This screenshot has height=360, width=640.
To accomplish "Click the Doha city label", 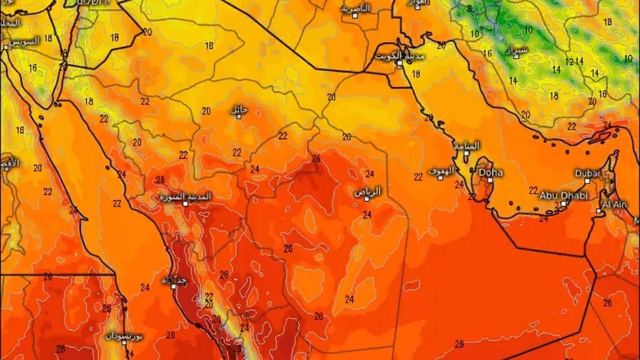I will pyautogui.click(x=491, y=172).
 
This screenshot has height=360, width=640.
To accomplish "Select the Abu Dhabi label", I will pyautogui.click(x=563, y=195).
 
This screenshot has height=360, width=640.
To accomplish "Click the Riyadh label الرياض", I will pyautogui.click(x=368, y=191).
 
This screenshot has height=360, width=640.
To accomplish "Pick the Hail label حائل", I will pyautogui.click(x=239, y=109).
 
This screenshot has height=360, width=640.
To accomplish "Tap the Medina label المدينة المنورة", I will pyautogui.click(x=185, y=196).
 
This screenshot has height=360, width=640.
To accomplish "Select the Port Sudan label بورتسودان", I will pyautogui.click(x=124, y=336).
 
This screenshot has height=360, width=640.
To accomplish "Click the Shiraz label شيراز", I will pyautogui.click(x=516, y=49).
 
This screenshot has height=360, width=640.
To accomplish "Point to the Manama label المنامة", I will pyautogui.click(x=467, y=145).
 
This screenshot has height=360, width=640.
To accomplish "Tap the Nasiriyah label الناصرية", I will pyautogui.click(x=355, y=8).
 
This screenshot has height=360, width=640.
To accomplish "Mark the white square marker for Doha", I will pyautogui.click(x=490, y=180).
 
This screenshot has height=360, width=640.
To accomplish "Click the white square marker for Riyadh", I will pyautogui.click(x=366, y=198).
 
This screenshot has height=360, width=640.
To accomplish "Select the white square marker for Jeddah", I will pyautogui.click(x=173, y=286).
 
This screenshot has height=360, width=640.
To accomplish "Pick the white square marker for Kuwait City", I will pyautogui.click(x=399, y=63).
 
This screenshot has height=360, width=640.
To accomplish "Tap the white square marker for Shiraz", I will pyautogui.click(x=516, y=56).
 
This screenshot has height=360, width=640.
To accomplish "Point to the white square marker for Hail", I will pyautogui.click(x=239, y=116).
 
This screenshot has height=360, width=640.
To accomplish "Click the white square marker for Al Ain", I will pyautogui.click(x=598, y=211).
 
